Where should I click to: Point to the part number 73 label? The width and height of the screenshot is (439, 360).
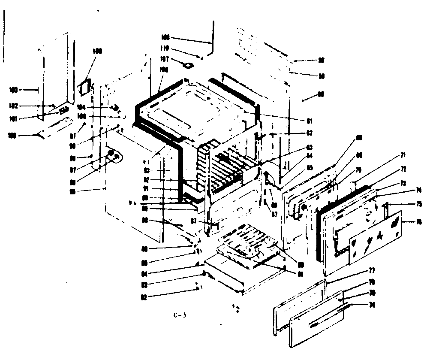[x=403, y=183]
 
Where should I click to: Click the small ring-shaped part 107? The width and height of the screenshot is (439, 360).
[x=187, y=65]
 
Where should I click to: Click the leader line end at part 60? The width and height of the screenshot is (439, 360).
[x=304, y=100]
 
